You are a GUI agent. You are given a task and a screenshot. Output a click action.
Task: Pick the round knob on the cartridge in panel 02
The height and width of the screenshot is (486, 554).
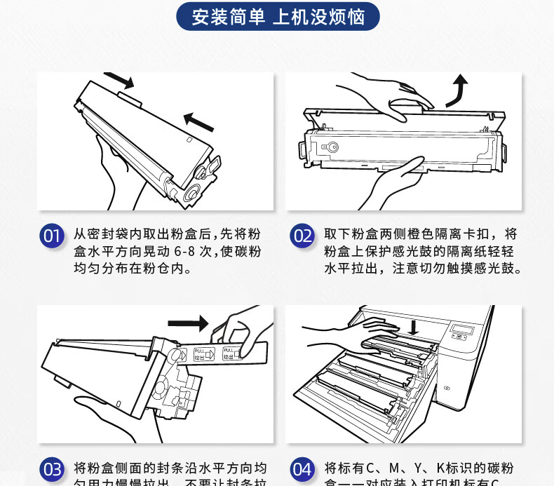pos(332,148)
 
